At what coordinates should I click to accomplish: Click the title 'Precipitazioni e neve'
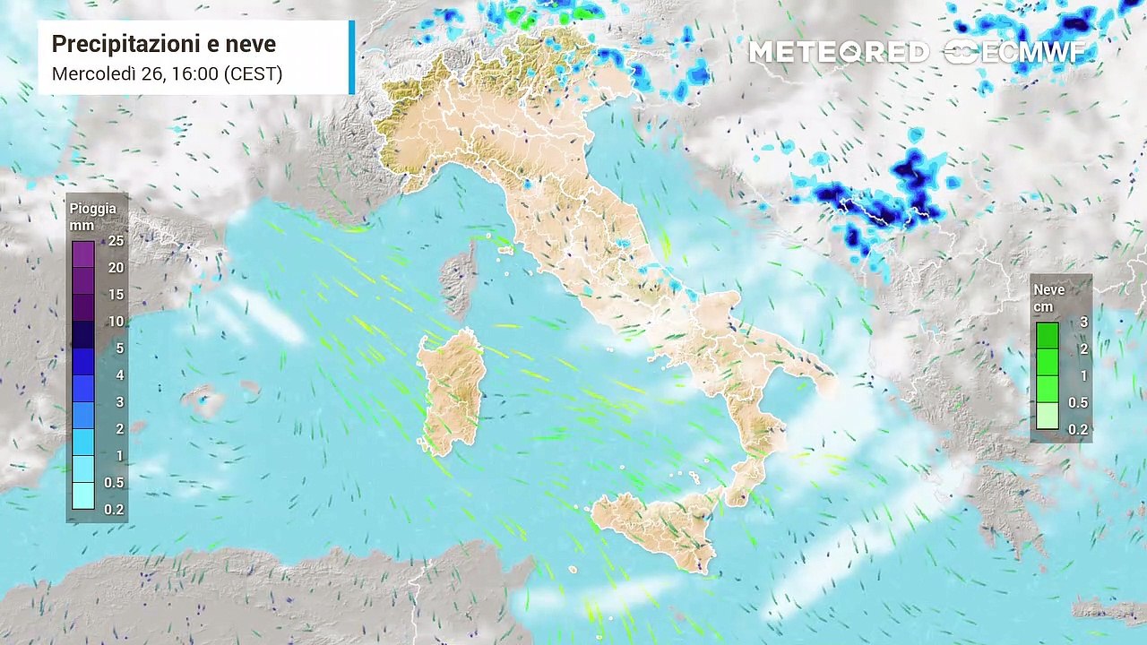pyautogui.click(x=164, y=44)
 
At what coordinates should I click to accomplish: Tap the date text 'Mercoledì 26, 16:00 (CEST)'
pyautogui.click(x=167, y=73)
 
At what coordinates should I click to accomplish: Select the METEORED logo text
pyautogui.click(x=839, y=52)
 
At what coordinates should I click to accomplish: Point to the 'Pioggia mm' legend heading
pyautogui.click(x=93, y=216)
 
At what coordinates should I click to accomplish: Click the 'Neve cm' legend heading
pyautogui.click(x=1049, y=297)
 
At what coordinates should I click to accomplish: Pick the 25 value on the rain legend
pyautogui.click(x=116, y=241)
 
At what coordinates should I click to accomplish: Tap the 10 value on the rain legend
pyautogui.click(x=116, y=322)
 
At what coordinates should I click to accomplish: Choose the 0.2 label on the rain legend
pyautogui.click(x=114, y=510)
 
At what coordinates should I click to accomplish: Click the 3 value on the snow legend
pyautogui.click(x=1082, y=322)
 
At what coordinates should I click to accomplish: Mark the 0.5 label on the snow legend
pyautogui.click(x=1078, y=402)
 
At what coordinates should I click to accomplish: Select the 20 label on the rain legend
pyautogui.click(x=116, y=268)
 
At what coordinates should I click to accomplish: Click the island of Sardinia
pyautogui.click(x=453, y=390)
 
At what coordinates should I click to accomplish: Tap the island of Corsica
pyautogui.click(x=462, y=279)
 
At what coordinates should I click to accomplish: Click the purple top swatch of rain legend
pyautogui.click(x=82, y=254)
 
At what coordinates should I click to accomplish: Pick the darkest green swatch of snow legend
pyautogui.click(x=1047, y=335)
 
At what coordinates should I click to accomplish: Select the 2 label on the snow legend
pyautogui.click(x=1082, y=349)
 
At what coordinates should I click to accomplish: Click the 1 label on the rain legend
pyautogui.click(x=118, y=456)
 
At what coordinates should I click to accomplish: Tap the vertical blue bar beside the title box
pyautogui.click(x=351, y=57)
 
